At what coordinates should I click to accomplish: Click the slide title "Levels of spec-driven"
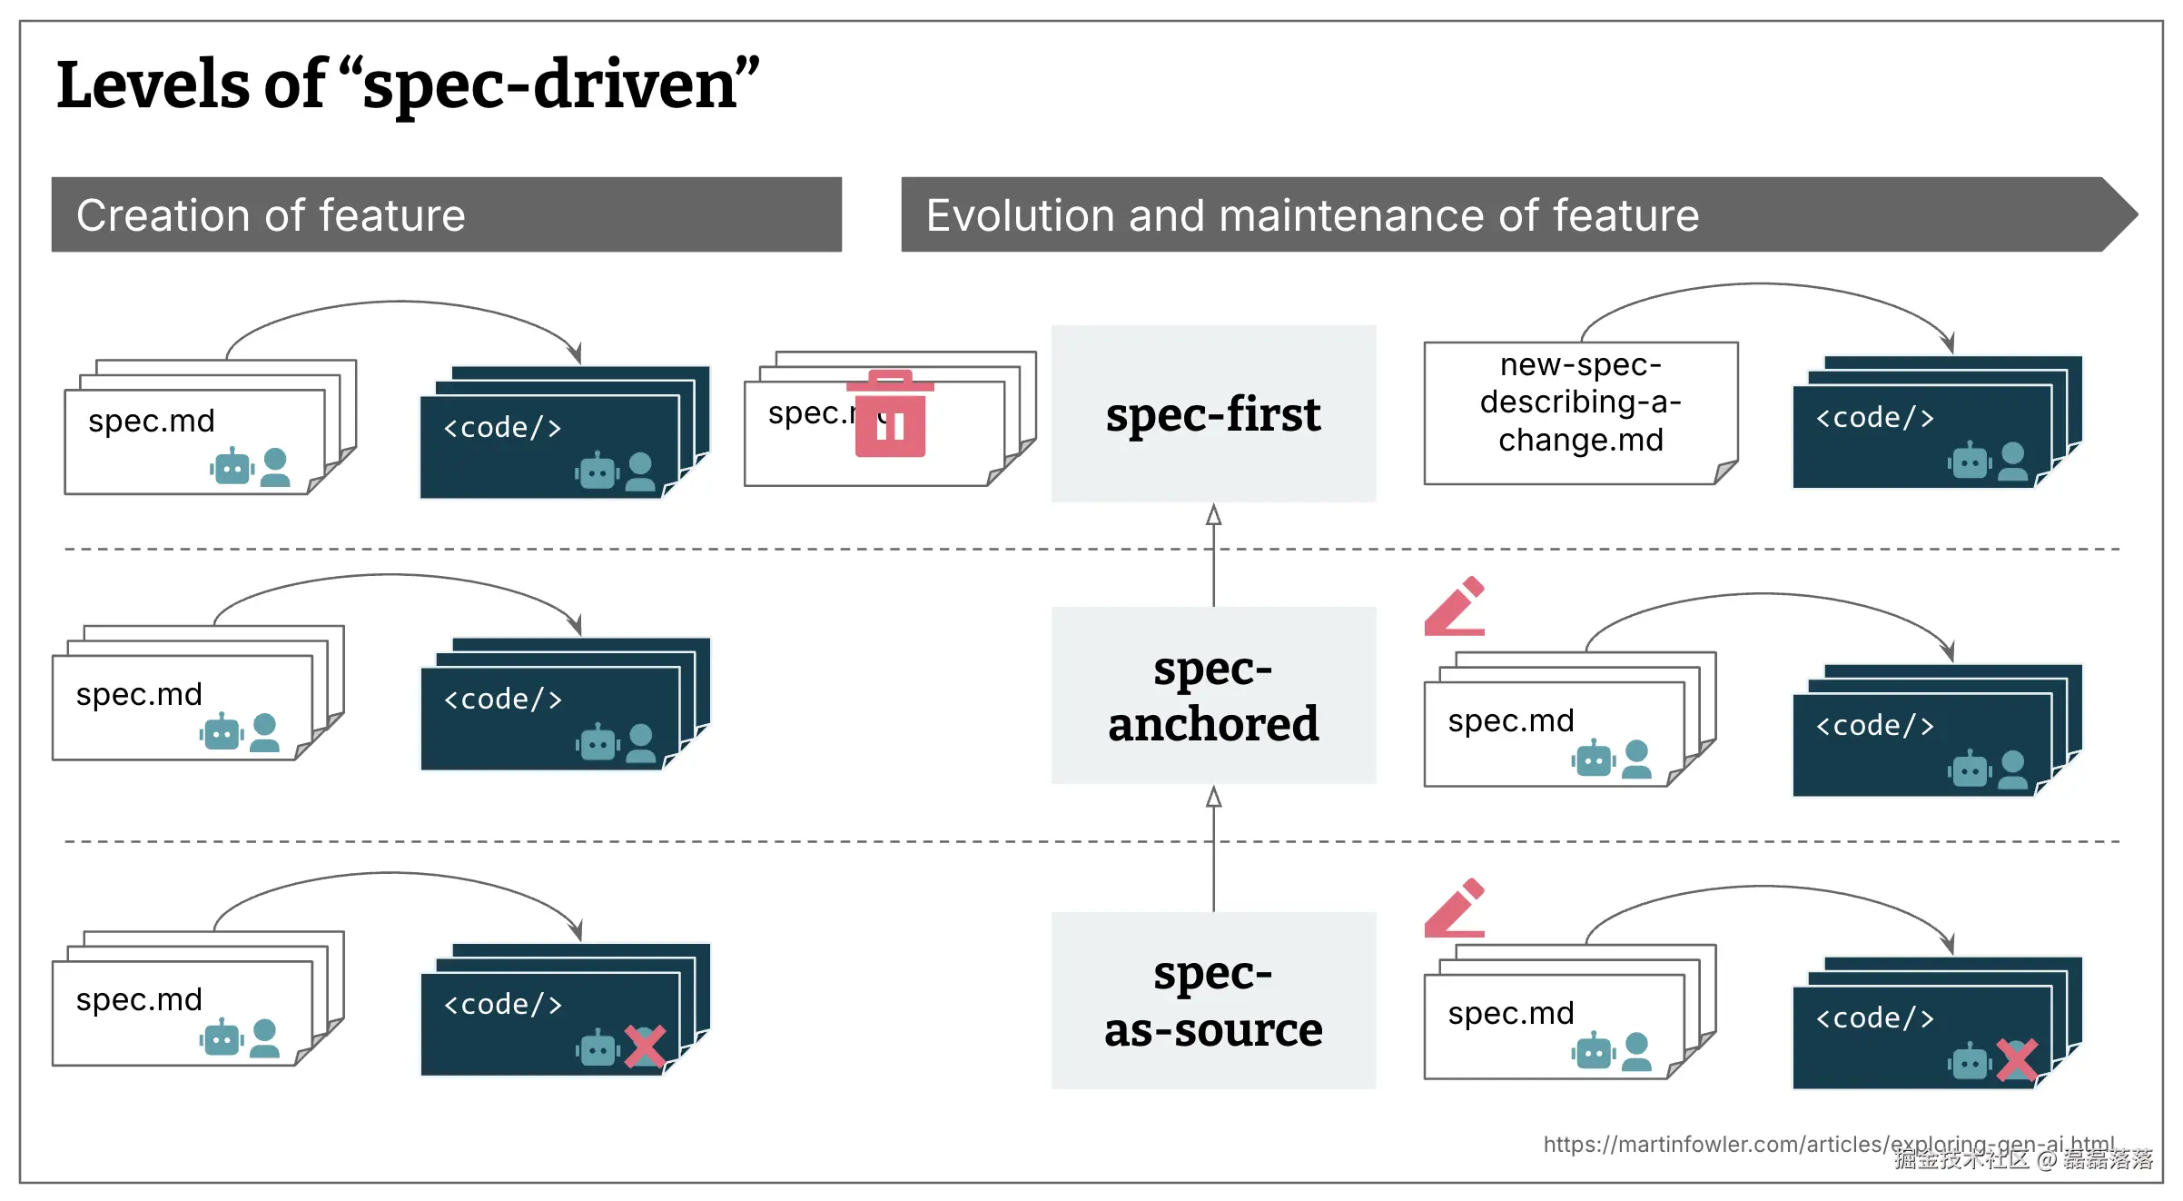(408, 84)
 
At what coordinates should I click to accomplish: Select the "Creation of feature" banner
(446, 214)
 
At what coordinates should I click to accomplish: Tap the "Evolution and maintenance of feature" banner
(1507, 214)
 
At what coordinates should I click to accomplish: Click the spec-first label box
(1213, 413)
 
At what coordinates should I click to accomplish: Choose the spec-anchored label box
(1213, 695)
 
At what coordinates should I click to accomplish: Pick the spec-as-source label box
(1213, 1000)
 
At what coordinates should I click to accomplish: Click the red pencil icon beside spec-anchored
(1455, 606)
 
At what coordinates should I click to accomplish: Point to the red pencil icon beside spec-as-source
(1455, 908)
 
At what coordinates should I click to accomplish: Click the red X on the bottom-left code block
(645, 1046)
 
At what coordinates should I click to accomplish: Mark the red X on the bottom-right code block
(2017, 1059)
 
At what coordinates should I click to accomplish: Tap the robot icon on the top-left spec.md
(232, 467)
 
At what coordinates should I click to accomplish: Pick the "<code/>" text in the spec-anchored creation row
(503, 700)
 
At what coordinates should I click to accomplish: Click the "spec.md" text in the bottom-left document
(139, 999)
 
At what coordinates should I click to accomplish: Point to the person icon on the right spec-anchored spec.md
(1636, 759)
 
